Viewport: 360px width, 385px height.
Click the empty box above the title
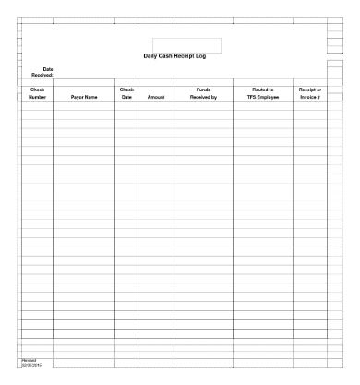pos(186,45)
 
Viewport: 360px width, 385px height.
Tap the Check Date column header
pos(126,92)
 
